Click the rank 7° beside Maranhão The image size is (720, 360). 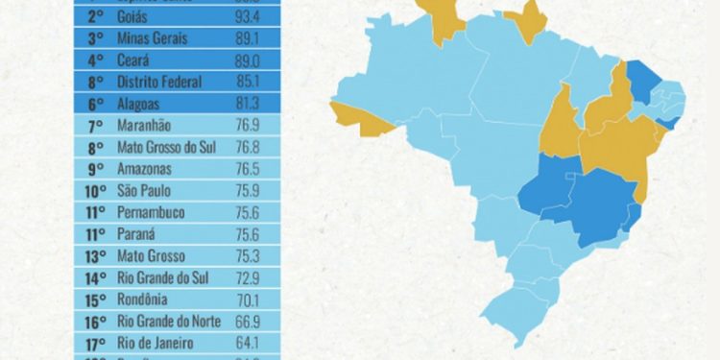(96, 126)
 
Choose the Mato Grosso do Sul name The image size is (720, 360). (163, 147)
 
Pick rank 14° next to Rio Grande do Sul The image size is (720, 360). (96, 277)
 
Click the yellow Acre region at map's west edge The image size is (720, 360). (354, 114)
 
